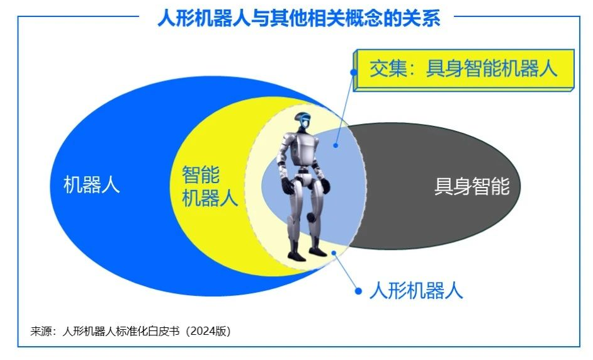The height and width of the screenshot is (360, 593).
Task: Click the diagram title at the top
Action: click(x=299, y=18)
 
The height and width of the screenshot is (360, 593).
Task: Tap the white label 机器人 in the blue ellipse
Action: click(x=91, y=184)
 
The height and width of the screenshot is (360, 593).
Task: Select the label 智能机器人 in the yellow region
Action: click(x=210, y=186)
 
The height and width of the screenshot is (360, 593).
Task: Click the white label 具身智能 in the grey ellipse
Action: click(x=472, y=186)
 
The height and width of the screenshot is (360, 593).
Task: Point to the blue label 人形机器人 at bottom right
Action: click(x=416, y=291)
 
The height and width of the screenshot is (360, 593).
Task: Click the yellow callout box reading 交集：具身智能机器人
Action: click(x=464, y=70)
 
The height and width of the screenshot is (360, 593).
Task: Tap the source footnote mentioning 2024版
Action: click(x=130, y=331)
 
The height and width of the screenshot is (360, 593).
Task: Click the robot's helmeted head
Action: click(x=303, y=121)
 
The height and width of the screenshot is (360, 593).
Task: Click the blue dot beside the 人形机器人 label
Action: click(x=358, y=291)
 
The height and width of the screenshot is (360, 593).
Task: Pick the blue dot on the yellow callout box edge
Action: click(x=354, y=72)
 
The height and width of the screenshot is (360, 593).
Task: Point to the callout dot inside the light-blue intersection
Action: click(x=336, y=145)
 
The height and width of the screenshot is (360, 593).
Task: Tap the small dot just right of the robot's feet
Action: click(x=334, y=252)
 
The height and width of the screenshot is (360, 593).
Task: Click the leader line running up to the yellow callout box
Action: click(x=344, y=108)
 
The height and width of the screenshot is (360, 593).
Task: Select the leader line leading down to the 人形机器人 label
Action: click(x=346, y=271)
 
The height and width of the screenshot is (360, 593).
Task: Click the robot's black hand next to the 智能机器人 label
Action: click(x=288, y=186)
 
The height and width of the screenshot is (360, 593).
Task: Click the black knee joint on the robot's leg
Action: click(x=311, y=217)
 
